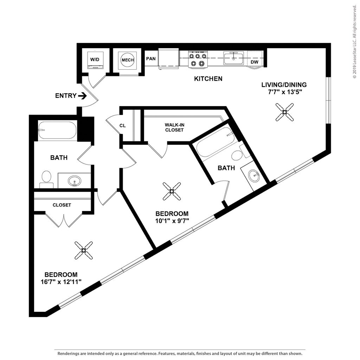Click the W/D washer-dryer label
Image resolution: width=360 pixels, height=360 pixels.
(x=95, y=60)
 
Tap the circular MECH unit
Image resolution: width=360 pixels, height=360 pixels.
(x=128, y=60)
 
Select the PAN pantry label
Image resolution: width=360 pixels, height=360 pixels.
(x=151, y=59)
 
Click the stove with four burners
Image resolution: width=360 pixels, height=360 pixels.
(x=198, y=59)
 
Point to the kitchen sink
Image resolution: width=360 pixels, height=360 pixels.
(x=233, y=58)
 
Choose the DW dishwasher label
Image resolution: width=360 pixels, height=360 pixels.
(x=255, y=62)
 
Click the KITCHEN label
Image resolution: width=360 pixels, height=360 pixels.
(x=208, y=79)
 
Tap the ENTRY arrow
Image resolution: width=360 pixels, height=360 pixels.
(x=82, y=96)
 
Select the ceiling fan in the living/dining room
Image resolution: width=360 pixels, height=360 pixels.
(x=284, y=112)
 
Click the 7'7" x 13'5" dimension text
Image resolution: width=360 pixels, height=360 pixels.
(x=284, y=92)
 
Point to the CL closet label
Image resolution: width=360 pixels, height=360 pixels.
(x=123, y=126)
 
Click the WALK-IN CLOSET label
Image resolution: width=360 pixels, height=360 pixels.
(x=174, y=127)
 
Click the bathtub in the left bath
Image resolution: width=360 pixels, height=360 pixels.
(x=57, y=130)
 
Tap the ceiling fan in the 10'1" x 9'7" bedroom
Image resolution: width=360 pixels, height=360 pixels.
(x=172, y=191)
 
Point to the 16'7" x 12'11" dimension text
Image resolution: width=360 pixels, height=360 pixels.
(x=61, y=282)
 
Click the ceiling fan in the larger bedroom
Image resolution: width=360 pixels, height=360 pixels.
(x=84, y=250)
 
